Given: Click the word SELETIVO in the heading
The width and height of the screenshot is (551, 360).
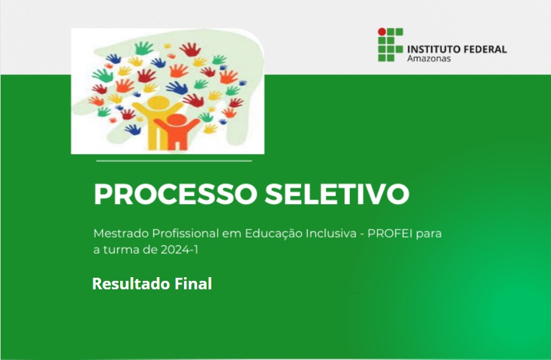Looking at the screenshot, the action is click(x=337, y=194).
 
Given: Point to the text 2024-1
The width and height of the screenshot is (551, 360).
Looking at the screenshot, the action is click(x=179, y=250).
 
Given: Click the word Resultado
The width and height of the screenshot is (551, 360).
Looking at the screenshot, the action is click(x=132, y=284).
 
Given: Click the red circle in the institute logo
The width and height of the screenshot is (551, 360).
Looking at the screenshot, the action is click(x=382, y=32).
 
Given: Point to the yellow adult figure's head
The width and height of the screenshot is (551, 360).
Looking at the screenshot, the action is click(x=158, y=102).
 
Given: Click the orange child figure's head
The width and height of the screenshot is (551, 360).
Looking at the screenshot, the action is click(x=176, y=120).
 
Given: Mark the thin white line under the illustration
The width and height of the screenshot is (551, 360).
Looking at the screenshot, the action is click(x=174, y=161).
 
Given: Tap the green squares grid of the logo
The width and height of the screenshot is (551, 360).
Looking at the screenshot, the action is click(x=391, y=45).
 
